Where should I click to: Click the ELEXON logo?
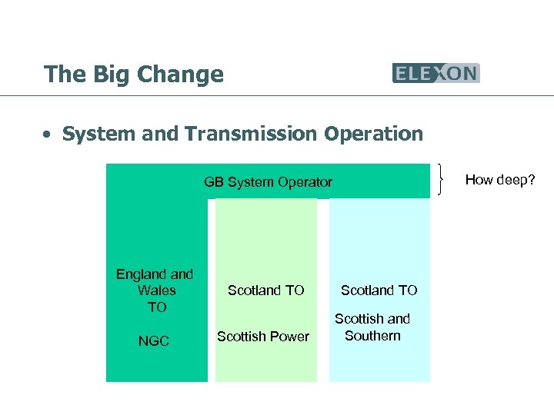(x=436, y=73)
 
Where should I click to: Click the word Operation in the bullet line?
(x=373, y=134)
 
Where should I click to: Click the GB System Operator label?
(x=268, y=182)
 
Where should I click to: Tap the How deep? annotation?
(x=499, y=180)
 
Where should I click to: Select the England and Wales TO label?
(x=155, y=290)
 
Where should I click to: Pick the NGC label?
(x=153, y=340)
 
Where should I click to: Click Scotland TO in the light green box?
(x=265, y=290)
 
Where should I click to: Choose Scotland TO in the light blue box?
(x=379, y=290)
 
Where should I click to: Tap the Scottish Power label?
(x=263, y=336)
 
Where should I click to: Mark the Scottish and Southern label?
(x=372, y=327)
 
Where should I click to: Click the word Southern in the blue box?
(x=372, y=336)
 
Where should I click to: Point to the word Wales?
(x=156, y=290)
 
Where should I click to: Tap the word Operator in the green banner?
(x=306, y=182)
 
